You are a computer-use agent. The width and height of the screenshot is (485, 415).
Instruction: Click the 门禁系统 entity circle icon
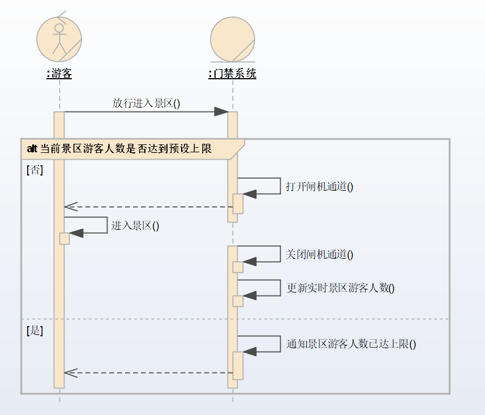click(232, 38)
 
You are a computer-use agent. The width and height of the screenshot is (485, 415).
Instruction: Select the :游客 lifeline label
click(59, 74)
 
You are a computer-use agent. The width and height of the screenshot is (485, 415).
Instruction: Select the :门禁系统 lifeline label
click(232, 74)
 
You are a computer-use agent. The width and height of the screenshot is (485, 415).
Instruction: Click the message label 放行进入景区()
click(146, 103)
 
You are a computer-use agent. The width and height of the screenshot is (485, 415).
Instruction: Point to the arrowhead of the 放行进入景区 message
click(222, 112)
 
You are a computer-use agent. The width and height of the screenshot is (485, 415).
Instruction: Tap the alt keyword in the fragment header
click(32, 149)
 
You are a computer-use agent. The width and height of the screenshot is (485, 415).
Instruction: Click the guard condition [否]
click(35, 170)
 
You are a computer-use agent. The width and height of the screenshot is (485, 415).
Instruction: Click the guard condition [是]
click(35, 331)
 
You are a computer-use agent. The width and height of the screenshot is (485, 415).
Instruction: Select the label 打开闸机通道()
click(319, 187)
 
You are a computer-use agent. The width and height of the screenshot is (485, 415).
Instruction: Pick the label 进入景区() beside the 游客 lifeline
click(135, 226)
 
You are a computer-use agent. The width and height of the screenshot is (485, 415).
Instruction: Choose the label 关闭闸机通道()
click(319, 255)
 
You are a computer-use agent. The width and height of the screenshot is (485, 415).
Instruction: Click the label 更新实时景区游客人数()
click(341, 288)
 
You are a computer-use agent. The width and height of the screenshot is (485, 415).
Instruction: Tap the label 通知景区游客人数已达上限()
click(351, 344)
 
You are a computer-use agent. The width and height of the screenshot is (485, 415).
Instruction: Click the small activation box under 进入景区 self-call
click(65, 238)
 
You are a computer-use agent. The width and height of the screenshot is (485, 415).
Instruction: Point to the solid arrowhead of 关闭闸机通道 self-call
click(250, 262)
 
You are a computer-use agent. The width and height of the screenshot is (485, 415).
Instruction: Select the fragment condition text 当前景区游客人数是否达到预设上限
click(126, 149)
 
